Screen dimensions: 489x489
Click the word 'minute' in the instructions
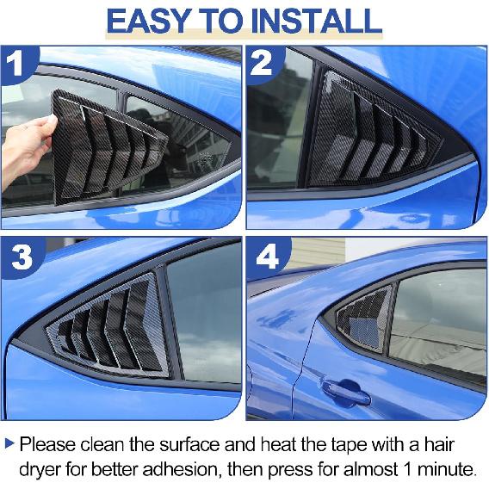447,470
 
